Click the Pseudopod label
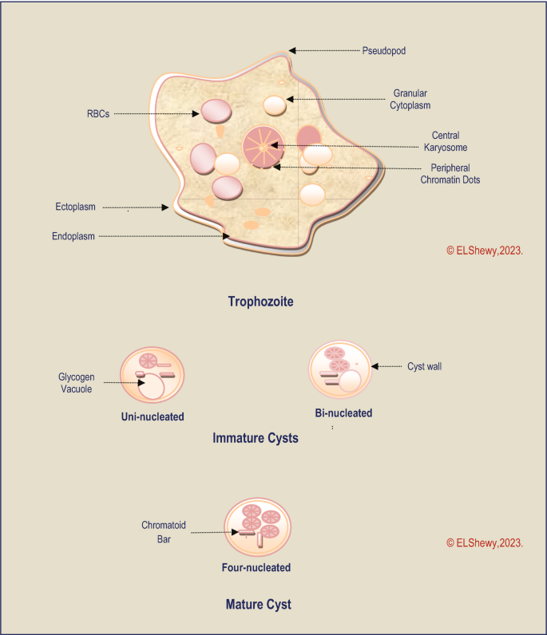tap(384, 50)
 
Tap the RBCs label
tap(98, 113)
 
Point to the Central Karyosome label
tap(445, 141)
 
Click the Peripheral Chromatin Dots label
tap(450, 174)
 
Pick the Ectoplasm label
tap(76, 207)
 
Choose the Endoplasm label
tap(73, 236)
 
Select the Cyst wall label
tap(424, 367)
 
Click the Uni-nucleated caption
tap(153, 416)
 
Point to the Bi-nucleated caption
tap(343, 413)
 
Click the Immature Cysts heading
tap(256, 438)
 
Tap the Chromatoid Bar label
tap(163, 532)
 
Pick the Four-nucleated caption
tap(256, 568)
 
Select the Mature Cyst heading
tap(258, 604)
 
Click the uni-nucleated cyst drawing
tap(152, 375)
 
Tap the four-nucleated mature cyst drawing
tap(256, 527)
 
